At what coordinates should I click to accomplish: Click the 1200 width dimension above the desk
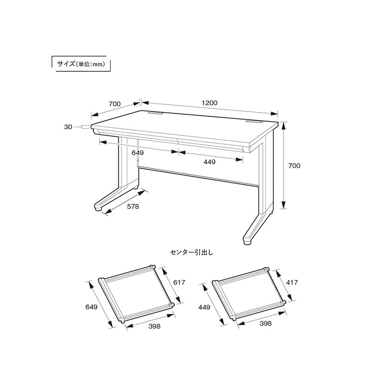tap(210, 103)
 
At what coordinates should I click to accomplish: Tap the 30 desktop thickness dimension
tap(68, 127)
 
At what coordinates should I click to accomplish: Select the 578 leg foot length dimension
tap(133, 207)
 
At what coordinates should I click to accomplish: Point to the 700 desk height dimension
tap(294, 166)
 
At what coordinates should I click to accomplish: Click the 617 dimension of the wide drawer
tap(179, 282)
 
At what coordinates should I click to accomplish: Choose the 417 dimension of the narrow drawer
tap(292, 282)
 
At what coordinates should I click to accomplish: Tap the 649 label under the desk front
tap(137, 153)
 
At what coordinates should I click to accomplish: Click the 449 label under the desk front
tap(209, 162)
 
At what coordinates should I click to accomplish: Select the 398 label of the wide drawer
tap(154, 327)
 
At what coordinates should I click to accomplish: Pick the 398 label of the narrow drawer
tap(265, 324)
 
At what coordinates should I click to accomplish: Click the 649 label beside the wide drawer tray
tap(91, 307)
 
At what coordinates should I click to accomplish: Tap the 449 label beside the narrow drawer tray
tap(204, 307)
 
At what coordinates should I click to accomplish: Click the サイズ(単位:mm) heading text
tap(81, 64)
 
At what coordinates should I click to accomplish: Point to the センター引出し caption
tap(191, 252)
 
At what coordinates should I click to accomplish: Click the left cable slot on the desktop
tap(156, 113)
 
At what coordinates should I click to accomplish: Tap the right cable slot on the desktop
tap(254, 121)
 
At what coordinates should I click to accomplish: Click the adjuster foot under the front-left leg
tap(99, 209)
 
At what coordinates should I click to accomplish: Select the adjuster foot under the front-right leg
tap(248, 243)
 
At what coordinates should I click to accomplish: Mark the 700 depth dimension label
tap(114, 104)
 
